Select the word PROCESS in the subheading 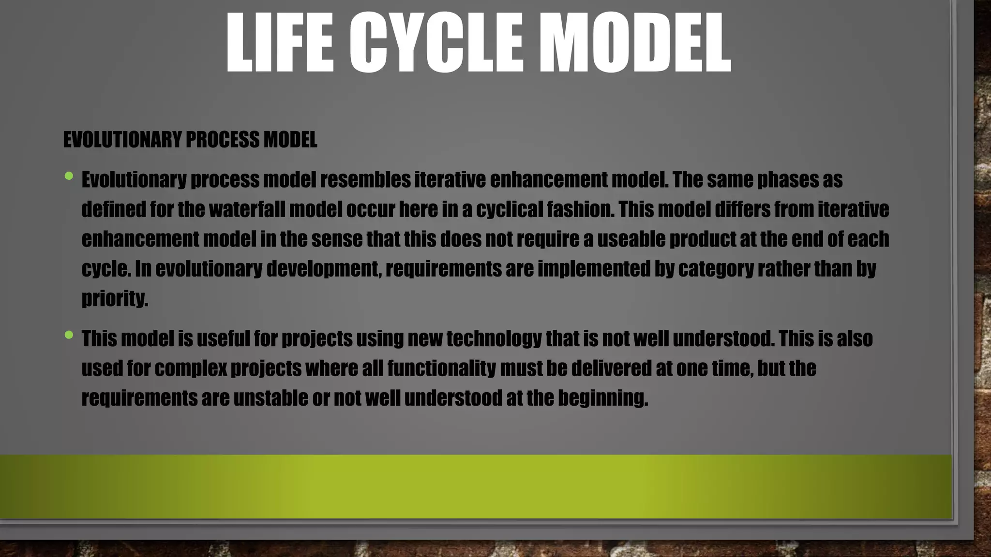[223, 140]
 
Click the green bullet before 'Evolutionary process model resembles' [69, 176]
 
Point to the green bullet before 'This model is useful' [69, 335]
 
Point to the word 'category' [716, 269]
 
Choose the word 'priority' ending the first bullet [114, 299]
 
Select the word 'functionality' [441, 368]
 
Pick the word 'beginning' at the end [602, 398]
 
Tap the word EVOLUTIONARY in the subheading [122, 140]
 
